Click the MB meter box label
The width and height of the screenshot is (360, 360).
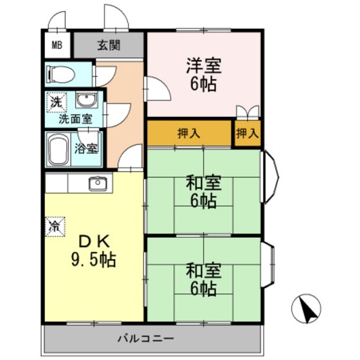coord(58,45)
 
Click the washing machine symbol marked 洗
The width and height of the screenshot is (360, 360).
coord(57,102)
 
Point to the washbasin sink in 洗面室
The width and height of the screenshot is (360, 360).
coord(85,100)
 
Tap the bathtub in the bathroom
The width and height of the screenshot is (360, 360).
coord(59,150)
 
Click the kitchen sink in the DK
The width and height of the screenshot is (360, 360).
coord(98,183)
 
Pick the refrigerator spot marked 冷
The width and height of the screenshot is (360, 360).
coord(55,226)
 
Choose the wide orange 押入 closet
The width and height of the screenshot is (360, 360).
coord(189,134)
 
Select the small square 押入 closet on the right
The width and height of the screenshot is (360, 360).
coord(248,134)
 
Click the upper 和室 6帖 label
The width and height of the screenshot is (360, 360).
coord(204,192)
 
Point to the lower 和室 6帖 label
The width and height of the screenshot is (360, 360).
coord(204,278)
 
